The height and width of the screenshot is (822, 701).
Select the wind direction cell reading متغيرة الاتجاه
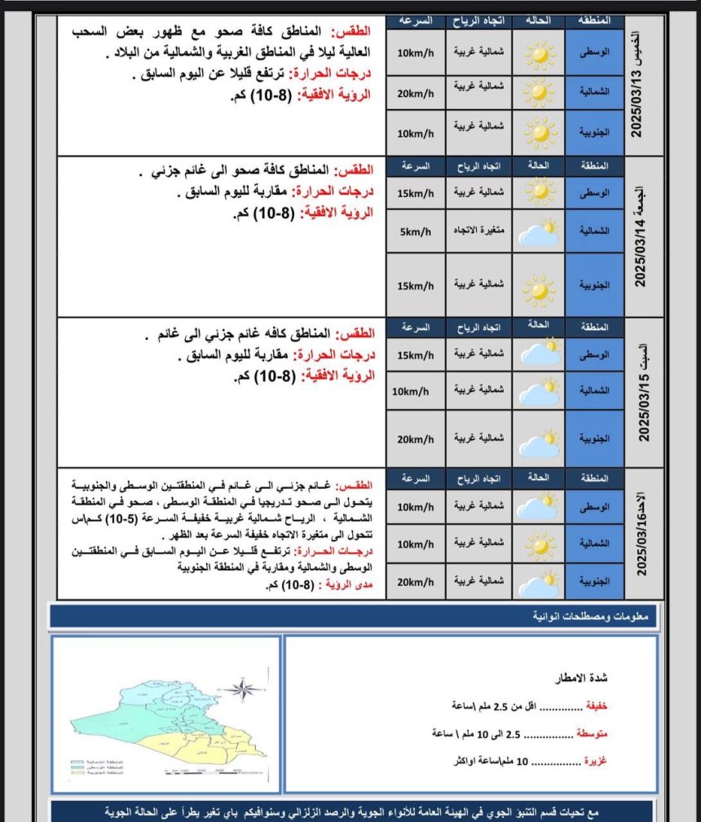click(478, 231)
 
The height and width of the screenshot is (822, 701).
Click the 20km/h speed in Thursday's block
click(415, 92)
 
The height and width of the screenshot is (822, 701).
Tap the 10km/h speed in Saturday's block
click(410, 391)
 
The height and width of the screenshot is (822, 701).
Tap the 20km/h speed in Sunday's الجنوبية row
click(415, 582)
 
